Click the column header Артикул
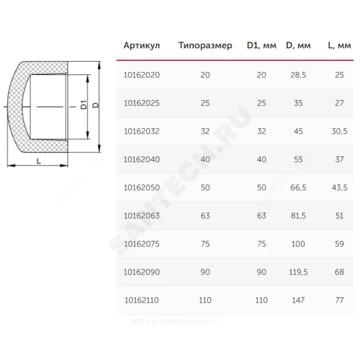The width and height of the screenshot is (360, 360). click(x=142, y=45)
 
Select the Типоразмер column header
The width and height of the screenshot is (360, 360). click(x=205, y=45)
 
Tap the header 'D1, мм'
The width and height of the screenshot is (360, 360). click(x=261, y=45)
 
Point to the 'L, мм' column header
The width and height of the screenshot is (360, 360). click(x=339, y=45)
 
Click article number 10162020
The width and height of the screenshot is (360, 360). click(x=142, y=75)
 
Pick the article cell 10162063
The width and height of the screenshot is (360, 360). click(x=142, y=216)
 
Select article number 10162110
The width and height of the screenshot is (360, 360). click(x=142, y=300)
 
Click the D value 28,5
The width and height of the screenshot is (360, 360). click(x=298, y=75)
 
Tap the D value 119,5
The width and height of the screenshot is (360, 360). click(x=298, y=272)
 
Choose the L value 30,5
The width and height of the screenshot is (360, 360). click(x=339, y=131)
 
